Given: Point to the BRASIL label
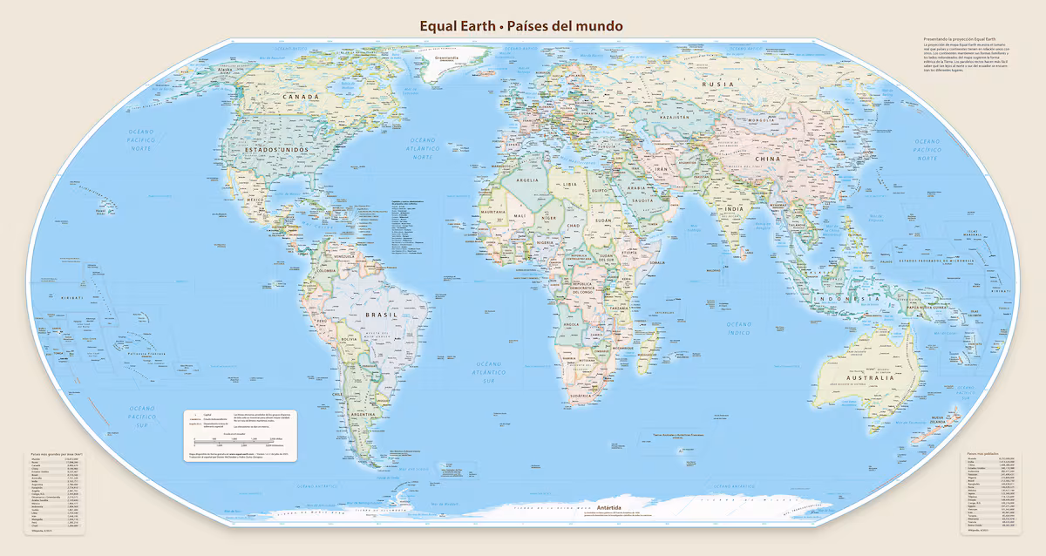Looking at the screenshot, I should [x=380, y=314].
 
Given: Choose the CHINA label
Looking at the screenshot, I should [x=767, y=159].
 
